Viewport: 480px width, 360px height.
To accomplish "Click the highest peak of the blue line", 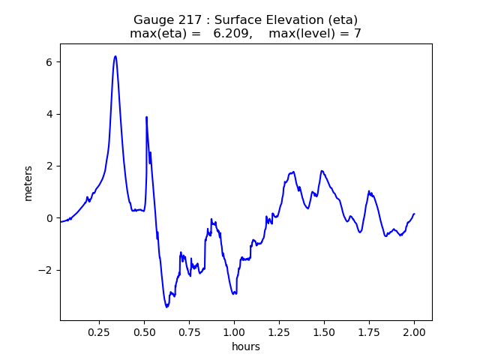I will pyautogui.click(x=115, y=56).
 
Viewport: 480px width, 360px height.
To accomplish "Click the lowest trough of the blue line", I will pyautogui.click(x=167, y=307).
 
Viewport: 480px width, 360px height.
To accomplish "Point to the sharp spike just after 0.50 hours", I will pyautogui.click(x=146, y=117).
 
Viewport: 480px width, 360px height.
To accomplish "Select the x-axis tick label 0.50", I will pyautogui.click(x=144, y=332).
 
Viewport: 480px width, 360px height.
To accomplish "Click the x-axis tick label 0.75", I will pyautogui.click(x=189, y=332).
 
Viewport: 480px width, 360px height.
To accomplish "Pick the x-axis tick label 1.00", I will pyautogui.click(x=234, y=332).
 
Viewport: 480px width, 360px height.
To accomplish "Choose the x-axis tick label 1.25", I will pyautogui.click(x=279, y=332).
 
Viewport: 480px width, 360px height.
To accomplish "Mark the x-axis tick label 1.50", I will pyautogui.click(x=324, y=332).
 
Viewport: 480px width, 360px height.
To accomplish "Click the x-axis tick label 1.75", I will pyautogui.click(x=369, y=332).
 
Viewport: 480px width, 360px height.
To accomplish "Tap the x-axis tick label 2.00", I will pyautogui.click(x=414, y=332).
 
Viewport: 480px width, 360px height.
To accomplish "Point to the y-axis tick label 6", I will pyautogui.click(x=49, y=62).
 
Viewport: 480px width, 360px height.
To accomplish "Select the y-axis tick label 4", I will pyautogui.click(x=49, y=114).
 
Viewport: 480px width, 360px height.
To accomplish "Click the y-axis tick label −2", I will pyautogui.click(x=46, y=270).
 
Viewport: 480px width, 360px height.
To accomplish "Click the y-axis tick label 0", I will pyautogui.click(x=49, y=218).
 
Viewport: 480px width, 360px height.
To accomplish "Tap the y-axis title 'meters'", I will pyautogui.click(x=28, y=183).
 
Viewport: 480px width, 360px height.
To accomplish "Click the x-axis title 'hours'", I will pyautogui.click(x=246, y=346).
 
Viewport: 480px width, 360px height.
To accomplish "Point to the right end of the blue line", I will pyautogui.click(x=414, y=214).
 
